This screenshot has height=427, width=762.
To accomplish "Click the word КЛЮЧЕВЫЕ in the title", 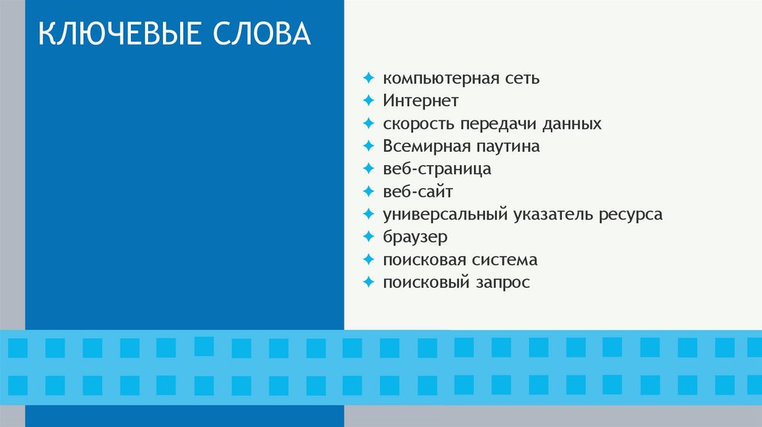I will pos(118,34).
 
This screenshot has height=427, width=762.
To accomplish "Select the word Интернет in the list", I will pos(421,100).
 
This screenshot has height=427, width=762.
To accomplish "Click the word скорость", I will pos(419,123).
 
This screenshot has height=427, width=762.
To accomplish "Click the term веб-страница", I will pos(438,169).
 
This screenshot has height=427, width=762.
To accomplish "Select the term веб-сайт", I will pos(418,192).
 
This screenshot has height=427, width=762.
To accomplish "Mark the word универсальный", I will pos(444,215).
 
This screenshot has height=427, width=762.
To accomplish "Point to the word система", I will pos(504,260).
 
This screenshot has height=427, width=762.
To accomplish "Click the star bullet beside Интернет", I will pos(368,100).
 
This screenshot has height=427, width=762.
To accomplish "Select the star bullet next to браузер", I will pos(368,237).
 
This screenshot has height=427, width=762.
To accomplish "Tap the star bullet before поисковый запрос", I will pos(368,283).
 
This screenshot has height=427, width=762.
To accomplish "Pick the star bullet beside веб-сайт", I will pos(368,192).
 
